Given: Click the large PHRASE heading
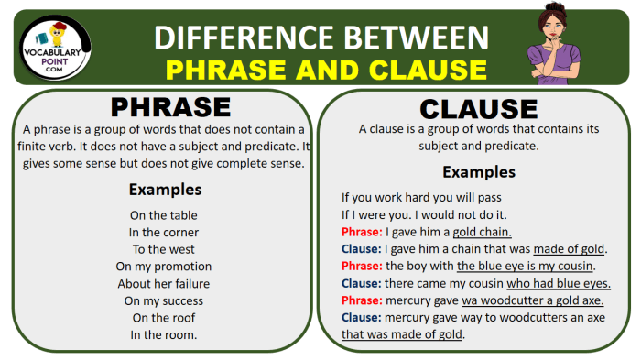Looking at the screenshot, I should click(x=165, y=108).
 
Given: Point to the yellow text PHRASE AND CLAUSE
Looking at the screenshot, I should click(x=327, y=69).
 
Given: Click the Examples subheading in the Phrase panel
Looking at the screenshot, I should click(x=165, y=191).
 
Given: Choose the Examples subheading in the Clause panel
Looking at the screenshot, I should click(x=479, y=172).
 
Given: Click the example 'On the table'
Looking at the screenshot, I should click(x=165, y=215).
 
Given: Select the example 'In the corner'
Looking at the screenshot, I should click(x=165, y=233).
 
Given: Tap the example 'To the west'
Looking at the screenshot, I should click(x=165, y=249).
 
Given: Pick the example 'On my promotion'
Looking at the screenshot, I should click(x=165, y=267).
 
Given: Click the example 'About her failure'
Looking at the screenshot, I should click(x=165, y=283).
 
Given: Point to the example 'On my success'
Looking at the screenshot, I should click(x=165, y=300).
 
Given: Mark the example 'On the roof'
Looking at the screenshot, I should click(x=165, y=317).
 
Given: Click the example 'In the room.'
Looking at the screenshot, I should click(x=165, y=334).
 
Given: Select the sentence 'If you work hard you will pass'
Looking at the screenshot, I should click(x=421, y=197).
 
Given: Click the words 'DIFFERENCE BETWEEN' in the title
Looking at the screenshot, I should click(x=320, y=37).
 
